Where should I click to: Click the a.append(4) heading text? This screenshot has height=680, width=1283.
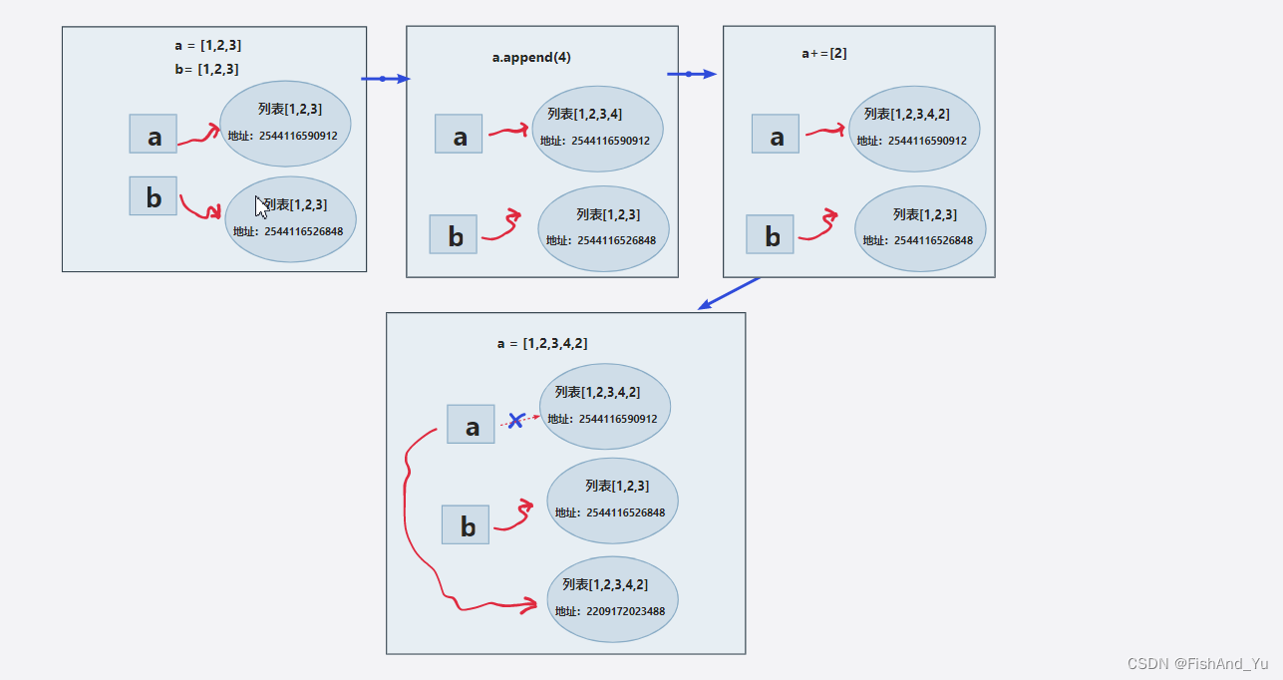[531, 58]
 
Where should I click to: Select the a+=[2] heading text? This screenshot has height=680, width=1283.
[824, 53]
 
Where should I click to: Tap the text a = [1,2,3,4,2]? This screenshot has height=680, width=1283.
[542, 343]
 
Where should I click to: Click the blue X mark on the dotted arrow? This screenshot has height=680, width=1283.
[515, 421]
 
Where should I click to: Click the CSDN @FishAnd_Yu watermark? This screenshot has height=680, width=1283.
[1197, 663]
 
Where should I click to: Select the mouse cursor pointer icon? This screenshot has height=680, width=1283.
[261, 206]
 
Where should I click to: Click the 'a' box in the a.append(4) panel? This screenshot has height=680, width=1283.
[459, 134]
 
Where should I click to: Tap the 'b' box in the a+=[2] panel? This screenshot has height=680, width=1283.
[770, 234]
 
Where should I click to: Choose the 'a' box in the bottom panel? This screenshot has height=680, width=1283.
[471, 424]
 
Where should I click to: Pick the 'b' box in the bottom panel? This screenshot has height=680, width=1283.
[466, 524]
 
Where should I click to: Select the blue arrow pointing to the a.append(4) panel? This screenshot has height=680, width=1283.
[385, 79]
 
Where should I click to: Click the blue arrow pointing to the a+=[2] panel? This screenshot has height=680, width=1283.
[691, 74]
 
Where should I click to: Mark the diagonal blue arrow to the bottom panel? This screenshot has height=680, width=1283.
[729, 293]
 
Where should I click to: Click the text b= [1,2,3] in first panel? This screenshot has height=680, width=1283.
[206, 69]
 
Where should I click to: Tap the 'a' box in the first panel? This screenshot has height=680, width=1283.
[153, 134]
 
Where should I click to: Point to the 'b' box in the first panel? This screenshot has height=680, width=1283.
[153, 195]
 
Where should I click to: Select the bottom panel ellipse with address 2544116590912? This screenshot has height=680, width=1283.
[605, 406]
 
